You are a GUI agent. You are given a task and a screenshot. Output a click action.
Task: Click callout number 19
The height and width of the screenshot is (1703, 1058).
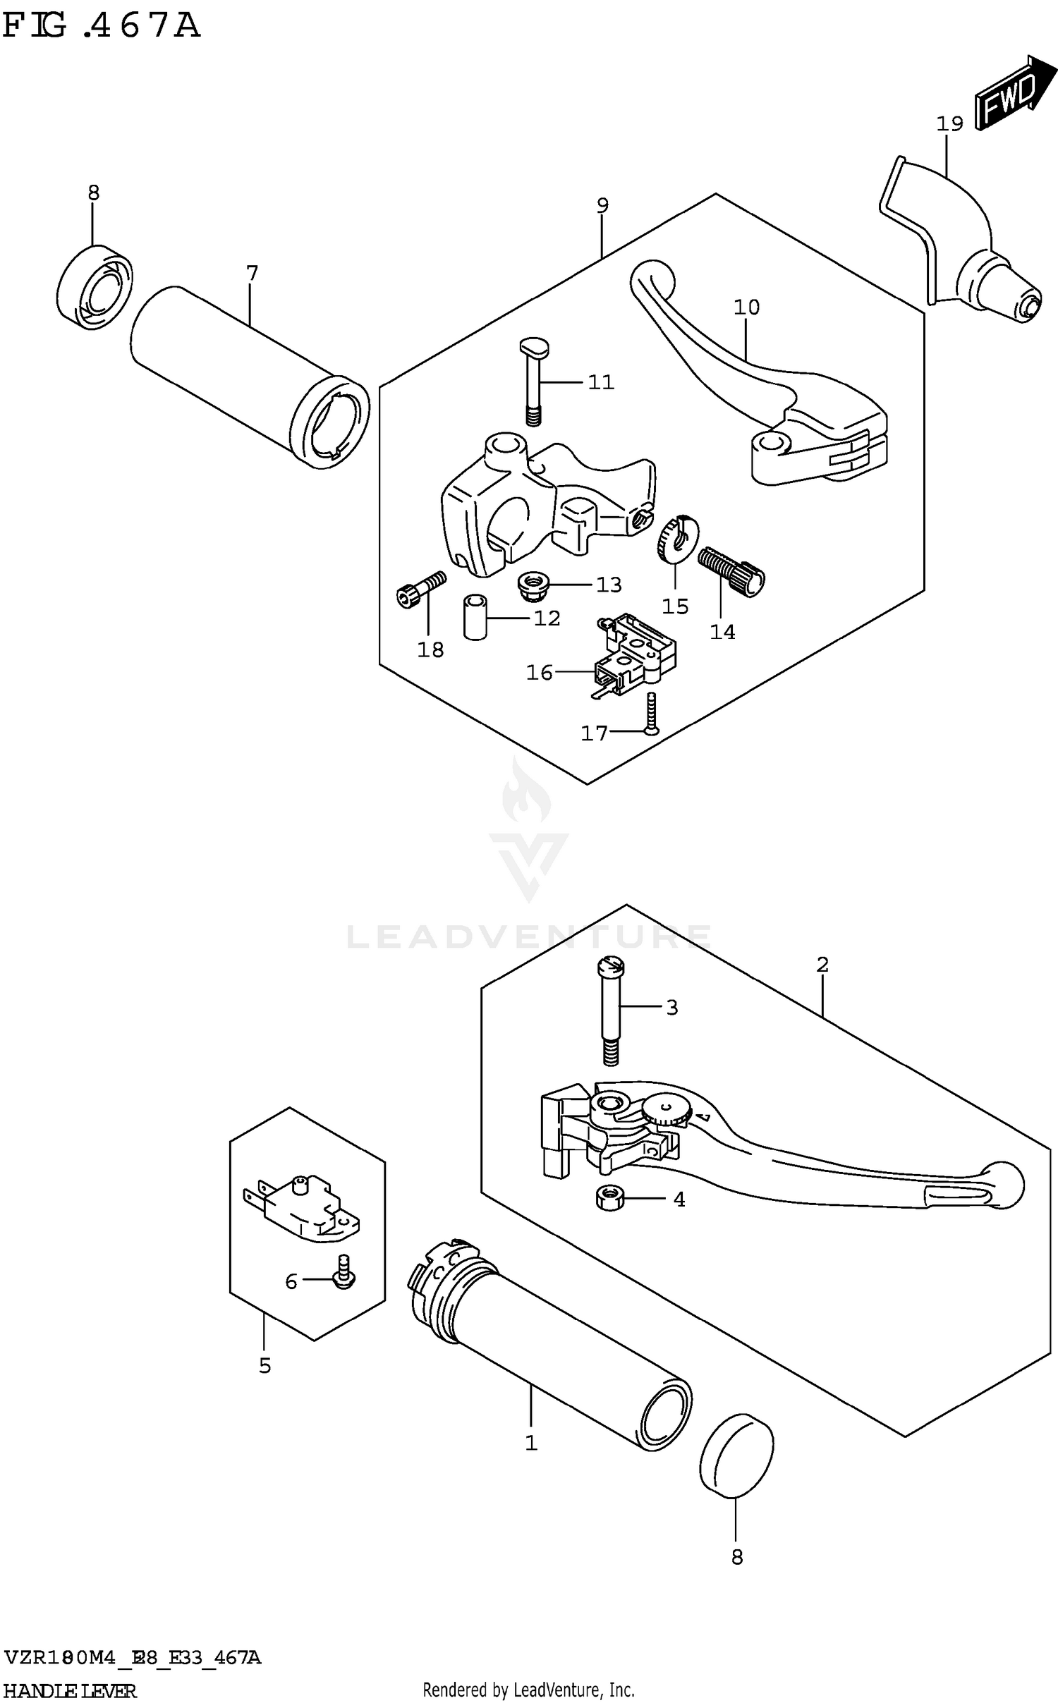(x=949, y=124)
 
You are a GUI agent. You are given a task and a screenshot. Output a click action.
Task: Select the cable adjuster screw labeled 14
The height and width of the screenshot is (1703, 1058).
(x=732, y=572)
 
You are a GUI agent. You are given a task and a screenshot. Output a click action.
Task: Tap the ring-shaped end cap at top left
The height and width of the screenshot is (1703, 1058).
(x=95, y=287)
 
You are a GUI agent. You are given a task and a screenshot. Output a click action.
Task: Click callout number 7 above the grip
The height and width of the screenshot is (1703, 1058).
(x=252, y=272)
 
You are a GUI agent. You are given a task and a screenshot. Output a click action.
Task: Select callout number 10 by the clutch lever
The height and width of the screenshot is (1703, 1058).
(x=746, y=307)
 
